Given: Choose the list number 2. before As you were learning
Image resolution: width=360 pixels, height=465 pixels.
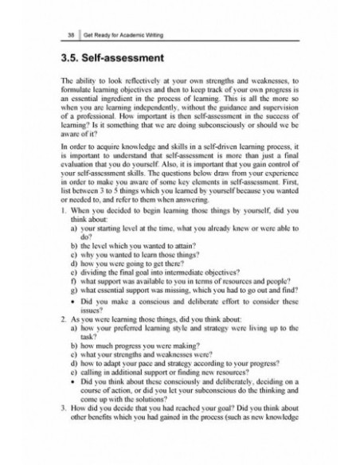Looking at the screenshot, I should [64, 361].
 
